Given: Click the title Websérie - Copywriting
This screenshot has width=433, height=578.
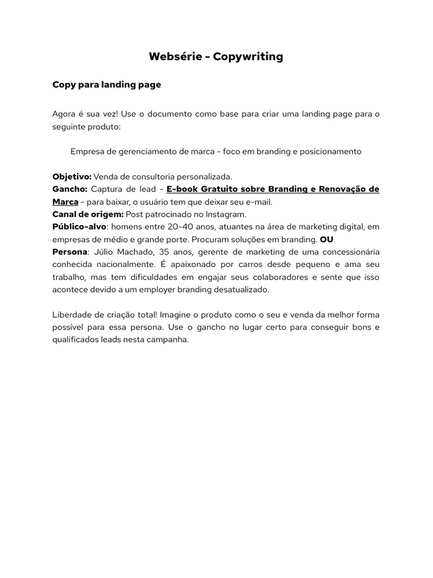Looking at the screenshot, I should tap(216, 56).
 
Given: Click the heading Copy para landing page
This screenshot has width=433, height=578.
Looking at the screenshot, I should tap(107, 85).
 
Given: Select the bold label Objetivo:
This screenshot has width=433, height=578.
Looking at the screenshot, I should tap(72, 177).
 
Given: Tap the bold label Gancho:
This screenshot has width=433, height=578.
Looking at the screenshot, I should tap(70, 189).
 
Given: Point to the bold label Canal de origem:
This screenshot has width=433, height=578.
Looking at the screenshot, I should tap(87, 214).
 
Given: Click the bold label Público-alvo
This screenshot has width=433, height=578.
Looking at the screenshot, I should tap(79, 227).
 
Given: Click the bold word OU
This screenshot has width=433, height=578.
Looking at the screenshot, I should tap(326, 239).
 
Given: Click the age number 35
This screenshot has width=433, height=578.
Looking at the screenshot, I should tap(170, 252).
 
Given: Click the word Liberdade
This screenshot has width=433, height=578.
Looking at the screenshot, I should tap(72, 314).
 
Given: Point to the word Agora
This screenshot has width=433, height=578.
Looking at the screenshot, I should tap(64, 114).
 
